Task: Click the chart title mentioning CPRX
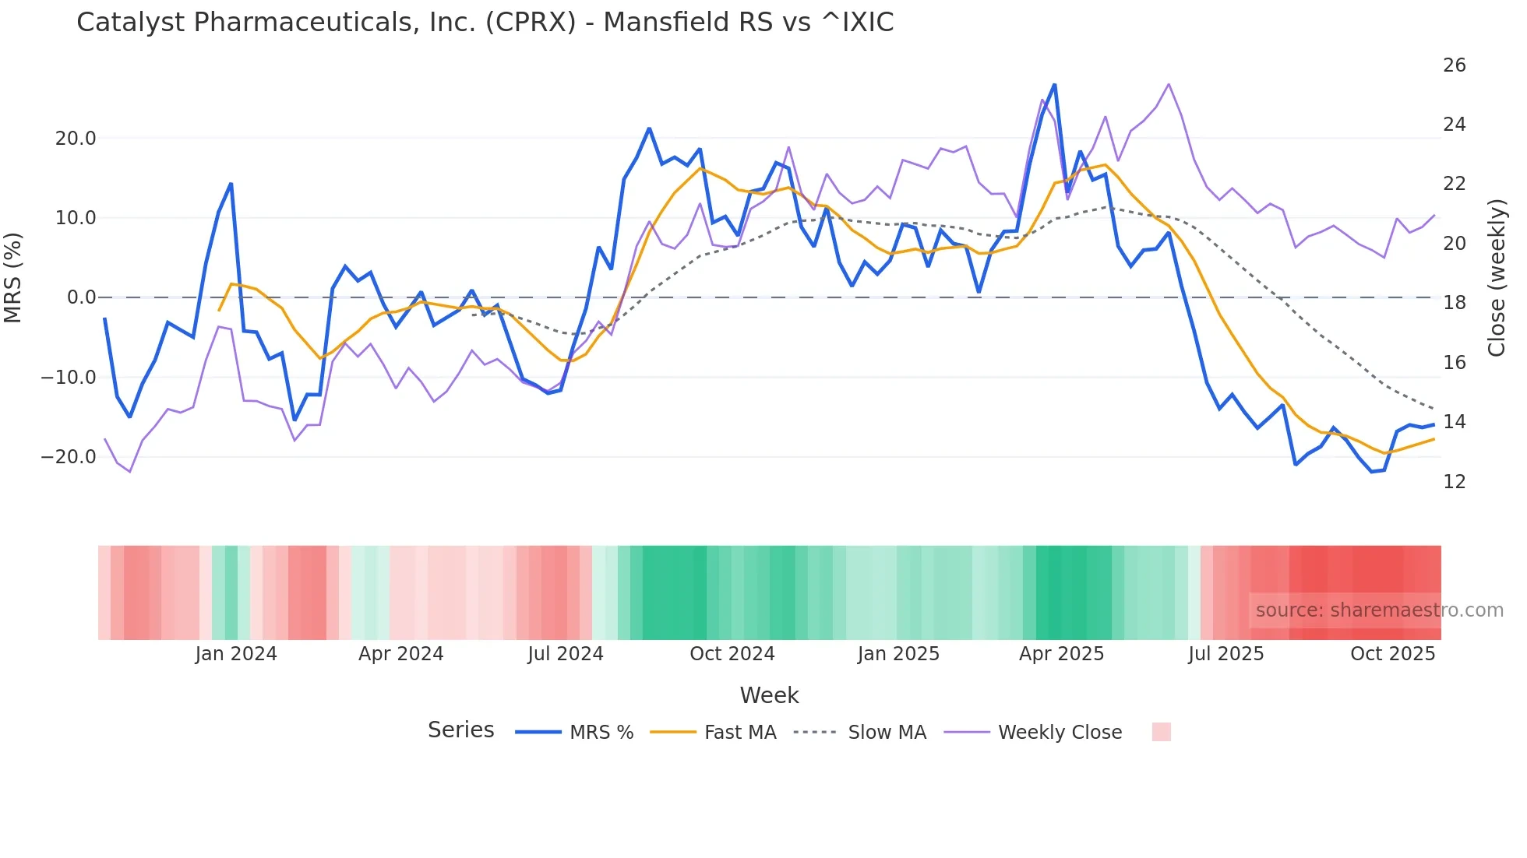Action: point(485,23)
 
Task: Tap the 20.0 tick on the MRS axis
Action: point(76,139)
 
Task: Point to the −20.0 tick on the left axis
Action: point(69,457)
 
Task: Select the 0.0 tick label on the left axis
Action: point(81,297)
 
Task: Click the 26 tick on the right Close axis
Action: point(1454,65)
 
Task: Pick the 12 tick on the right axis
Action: point(1454,482)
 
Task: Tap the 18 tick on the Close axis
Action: point(1454,303)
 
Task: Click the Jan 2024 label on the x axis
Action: point(236,654)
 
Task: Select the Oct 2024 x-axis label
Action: point(732,654)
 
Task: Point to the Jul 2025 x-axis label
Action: point(1225,654)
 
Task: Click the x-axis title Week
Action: point(769,695)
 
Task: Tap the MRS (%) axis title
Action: point(13,278)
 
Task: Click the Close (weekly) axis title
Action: point(1496,278)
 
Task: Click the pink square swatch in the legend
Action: point(1161,732)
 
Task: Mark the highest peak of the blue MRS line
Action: point(1054,85)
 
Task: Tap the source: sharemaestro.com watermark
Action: point(1379,610)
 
